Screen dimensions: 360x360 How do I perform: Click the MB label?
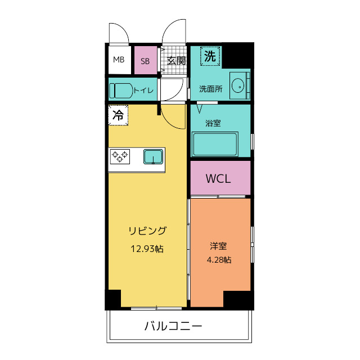click(x=119, y=60)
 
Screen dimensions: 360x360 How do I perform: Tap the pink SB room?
click(x=145, y=61)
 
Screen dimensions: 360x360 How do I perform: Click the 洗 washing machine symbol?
click(x=210, y=56)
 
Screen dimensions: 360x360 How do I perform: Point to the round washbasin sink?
click(x=238, y=86)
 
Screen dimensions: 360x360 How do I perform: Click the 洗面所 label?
click(x=210, y=89)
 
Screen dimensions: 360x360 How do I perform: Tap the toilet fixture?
click(x=121, y=90)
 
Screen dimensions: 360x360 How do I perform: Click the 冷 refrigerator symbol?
click(x=118, y=116)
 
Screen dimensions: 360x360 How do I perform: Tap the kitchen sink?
click(x=153, y=156)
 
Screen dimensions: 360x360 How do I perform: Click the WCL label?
click(x=218, y=179)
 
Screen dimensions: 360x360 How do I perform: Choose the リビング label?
click(x=147, y=231)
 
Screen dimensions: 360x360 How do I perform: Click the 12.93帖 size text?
click(x=147, y=248)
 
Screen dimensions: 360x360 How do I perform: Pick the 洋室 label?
click(x=219, y=246)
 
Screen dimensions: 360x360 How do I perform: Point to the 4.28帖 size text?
click(x=219, y=260)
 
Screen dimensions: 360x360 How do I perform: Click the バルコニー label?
click(x=173, y=326)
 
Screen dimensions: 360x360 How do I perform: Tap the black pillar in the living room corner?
click(x=113, y=299)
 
